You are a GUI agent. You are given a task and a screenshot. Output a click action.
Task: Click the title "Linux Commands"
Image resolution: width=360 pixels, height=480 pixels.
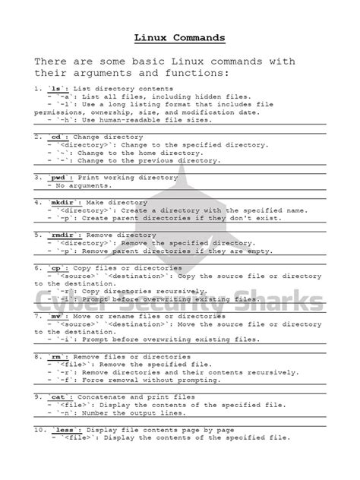click(x=179, y=36)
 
